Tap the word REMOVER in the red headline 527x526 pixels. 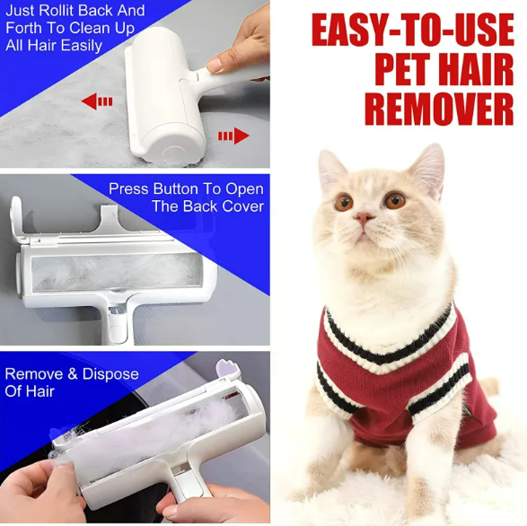(x=438, y=109)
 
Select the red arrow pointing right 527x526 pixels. (x=233, y=136)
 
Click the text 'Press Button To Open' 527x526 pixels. (x=186, y=189)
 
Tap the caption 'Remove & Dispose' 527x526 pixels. (x=72, y=373)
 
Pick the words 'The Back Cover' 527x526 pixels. (x=207, y=206)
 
